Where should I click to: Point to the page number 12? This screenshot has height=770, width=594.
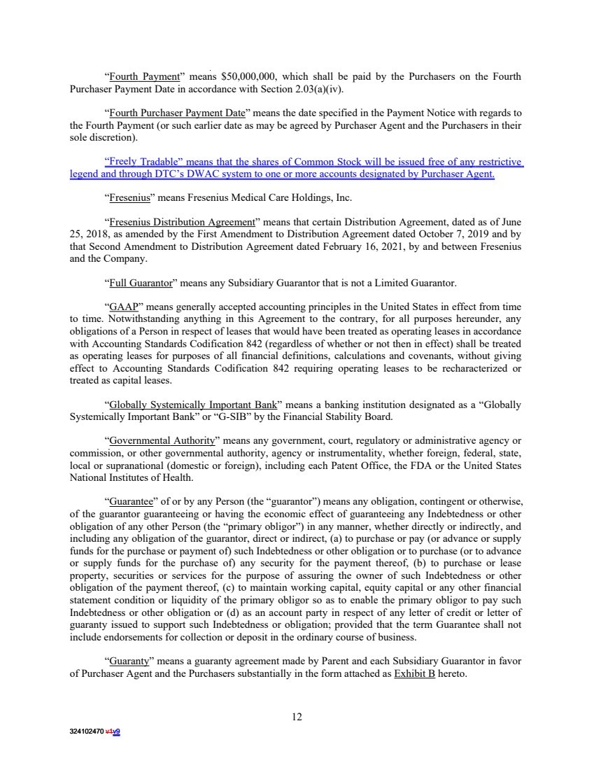[297, 716]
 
